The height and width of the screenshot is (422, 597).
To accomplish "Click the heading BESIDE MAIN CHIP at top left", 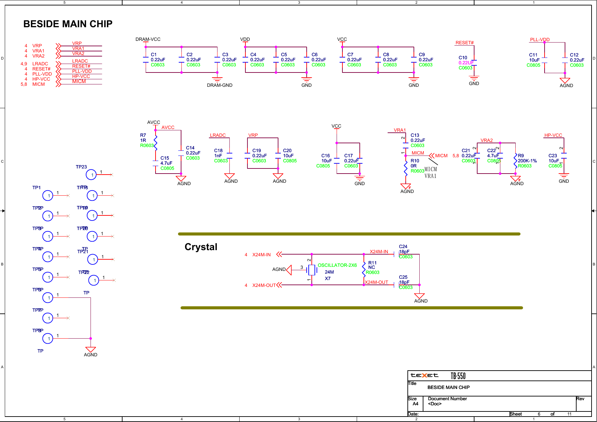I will (x=68, y=24).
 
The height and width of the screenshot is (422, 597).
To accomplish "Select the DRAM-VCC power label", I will (x=148, y=39).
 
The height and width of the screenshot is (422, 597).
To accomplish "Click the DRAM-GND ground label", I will (x=220, y=85).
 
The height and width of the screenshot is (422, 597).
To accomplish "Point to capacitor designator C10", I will (x=463, y=58).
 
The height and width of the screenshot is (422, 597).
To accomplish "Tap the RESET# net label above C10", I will (x=464, y=43).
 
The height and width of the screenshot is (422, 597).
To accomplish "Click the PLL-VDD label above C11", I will (x=539, y=39).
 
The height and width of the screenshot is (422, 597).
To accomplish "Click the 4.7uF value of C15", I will (x=166, y=163).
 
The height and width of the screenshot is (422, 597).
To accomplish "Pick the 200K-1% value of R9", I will (x=527, y=161).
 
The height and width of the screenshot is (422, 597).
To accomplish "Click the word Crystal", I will (x=201, y=247).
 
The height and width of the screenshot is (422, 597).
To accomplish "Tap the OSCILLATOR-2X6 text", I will (x=337, y=265).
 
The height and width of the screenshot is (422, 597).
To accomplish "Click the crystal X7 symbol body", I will (x=311, y=270).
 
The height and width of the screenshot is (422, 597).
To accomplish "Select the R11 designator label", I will (x=372, y=263).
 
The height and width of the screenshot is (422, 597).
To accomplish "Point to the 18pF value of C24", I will (x=404, y=251).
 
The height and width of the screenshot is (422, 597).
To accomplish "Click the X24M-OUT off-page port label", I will (x=264, y=285).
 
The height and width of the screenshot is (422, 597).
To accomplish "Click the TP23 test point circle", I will (x=91, y=175).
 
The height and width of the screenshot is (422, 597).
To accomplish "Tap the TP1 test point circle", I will (x=48, y=196).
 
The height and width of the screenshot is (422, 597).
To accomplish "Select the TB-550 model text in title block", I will (x=458, y=376).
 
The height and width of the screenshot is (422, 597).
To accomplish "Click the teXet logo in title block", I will (x=424, y=375).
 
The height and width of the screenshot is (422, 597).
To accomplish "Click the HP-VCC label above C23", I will (x=553, y=135).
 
